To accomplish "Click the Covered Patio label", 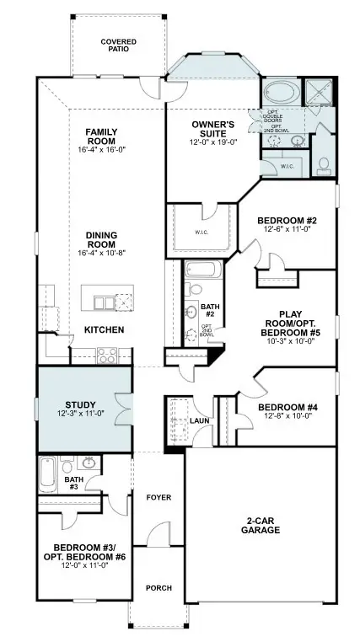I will click(119, 45).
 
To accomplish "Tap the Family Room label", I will click(106, 136).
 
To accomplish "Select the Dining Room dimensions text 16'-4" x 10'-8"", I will click(106, 253).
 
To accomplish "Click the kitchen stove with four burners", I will click(107, 356).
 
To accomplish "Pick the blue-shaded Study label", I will click(81, 404).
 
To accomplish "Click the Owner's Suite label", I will click(212, 130).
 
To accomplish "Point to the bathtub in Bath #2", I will click(202, 272).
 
